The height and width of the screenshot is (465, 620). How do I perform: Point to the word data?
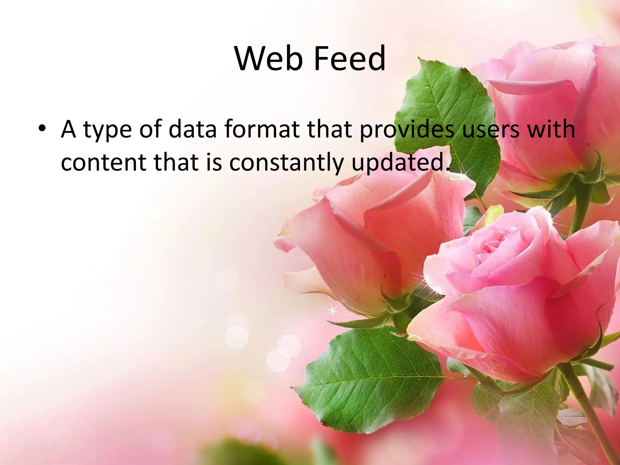pos(193,129)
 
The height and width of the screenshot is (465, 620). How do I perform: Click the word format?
pos(262,129)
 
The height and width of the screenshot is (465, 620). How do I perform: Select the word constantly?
pos(286,163)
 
